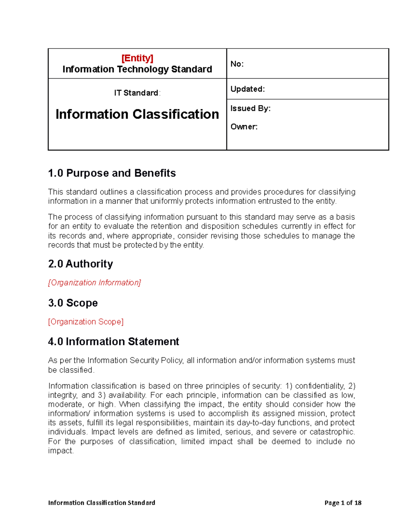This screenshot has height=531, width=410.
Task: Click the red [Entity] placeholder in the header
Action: (x=137, y=58)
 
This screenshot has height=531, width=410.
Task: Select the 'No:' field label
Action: (x=237, y=64)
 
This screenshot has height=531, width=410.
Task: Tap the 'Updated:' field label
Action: (x=247, y=89)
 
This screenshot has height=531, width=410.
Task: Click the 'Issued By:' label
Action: (x=250, y=108)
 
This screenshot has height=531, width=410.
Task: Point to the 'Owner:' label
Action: (x=244, y=127)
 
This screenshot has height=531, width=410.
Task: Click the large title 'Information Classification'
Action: (x=137, y=114)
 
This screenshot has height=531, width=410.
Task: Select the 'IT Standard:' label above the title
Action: (x=137, y=93)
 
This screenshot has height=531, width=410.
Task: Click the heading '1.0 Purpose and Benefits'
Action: (x=112, y=173)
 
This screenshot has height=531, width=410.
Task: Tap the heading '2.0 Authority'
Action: (x=80, y=264)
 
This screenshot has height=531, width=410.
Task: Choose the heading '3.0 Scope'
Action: (x=73, y=303)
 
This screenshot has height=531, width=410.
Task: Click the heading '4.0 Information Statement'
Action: (x=113, y=342)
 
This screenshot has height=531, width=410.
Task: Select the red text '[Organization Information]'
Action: (x=94, y=283)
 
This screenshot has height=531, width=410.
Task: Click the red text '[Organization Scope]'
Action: (x=86, y=322)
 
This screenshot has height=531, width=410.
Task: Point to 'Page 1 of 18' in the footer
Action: (x=343, y=503)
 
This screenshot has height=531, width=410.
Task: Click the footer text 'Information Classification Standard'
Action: (x=101, y=503)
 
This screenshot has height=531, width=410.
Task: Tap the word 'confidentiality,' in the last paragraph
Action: (x=320, y=386)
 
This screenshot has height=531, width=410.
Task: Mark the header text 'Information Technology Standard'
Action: (x=137, y=69)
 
